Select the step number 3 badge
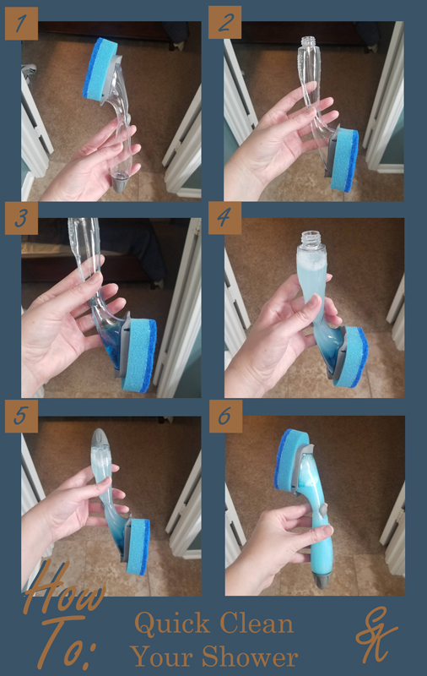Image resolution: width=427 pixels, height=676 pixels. (x=21, y=217)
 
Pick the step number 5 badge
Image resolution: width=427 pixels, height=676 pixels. (x=21, y=416)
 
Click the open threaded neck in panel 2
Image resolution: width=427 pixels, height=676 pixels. (x=306, y=42)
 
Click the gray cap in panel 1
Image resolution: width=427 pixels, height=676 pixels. (x=123, y=180)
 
